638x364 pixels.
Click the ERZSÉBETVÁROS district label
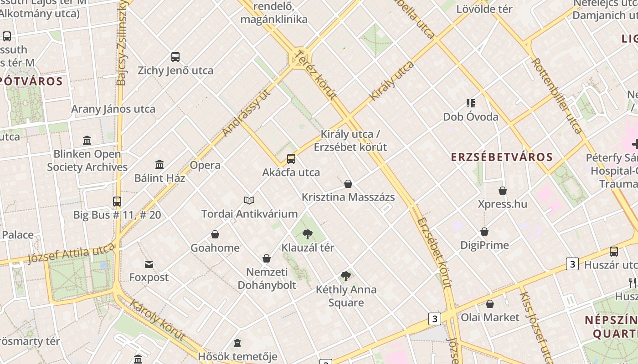[x=502, y=157]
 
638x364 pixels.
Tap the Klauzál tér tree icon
[x=308, y=234]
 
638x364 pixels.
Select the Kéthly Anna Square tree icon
[x=346, y=276]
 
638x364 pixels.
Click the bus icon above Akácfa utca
[x=291, y=159]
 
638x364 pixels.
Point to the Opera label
[x=205, y=165]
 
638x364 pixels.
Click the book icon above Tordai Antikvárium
[x=249, y=200]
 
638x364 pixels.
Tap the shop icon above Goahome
[x=215, y=234]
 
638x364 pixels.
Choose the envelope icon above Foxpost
[x=149, y=264]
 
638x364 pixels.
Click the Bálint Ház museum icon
[x=159, y=164]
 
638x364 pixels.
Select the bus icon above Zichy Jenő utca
[x=175, y=57]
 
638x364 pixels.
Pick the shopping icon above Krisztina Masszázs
[x=348, y=184]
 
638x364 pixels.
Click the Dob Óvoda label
[x=471, y=117]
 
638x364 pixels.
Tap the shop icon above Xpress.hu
[x=503, y=190]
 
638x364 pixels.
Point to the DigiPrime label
[x=484, y=245]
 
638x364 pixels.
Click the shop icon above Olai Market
[x=490, y=304]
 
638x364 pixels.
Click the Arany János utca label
[x=113, y=109]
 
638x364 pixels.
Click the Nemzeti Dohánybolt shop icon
[x=267, y=259]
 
